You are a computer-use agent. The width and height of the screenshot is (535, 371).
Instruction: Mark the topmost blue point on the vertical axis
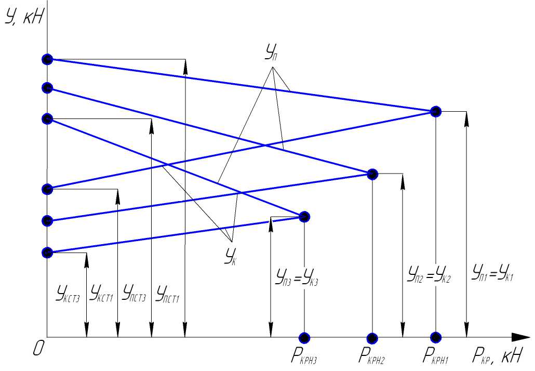(47, 59)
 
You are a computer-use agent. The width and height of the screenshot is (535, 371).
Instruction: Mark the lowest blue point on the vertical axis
(47, 253)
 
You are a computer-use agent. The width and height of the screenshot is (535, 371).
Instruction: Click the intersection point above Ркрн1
(436, 111)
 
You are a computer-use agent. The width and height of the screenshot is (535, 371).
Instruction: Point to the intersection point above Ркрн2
(372, 174)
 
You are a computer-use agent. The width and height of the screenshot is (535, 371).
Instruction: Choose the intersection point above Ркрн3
(305, 216)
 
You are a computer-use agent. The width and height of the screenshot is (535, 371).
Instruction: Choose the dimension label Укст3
(68, 294)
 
